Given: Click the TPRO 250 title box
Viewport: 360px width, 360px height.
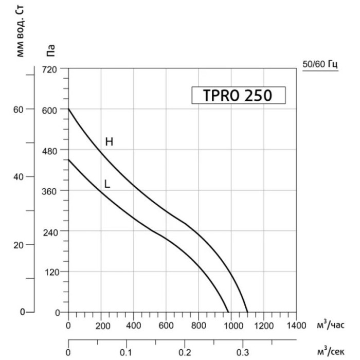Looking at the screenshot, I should [238, 96].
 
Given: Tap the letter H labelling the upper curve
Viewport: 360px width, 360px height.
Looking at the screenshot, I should [109, 141].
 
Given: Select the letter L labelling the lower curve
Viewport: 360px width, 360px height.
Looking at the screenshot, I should [107, 183].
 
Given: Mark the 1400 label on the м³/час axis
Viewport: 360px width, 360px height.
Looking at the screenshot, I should [296, 326].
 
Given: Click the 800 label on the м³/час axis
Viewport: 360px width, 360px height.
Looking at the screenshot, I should [199, 326].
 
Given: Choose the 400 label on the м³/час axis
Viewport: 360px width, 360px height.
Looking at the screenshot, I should [133, 326].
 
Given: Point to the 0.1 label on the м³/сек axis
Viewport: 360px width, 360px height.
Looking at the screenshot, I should [125, 353].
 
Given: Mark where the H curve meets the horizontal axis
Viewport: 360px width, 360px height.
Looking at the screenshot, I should [247, 312].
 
